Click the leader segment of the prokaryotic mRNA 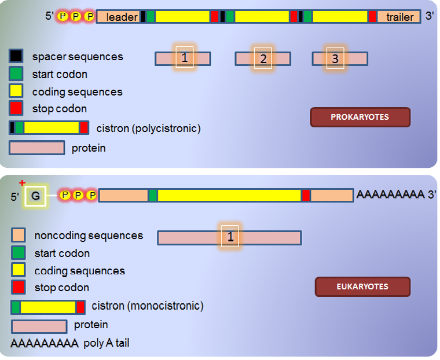pyautogui.click(x=119, y=17)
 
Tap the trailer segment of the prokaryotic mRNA pyautogui.click(x=398, y=17)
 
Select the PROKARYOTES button pyautogui.click(x=360, y=117)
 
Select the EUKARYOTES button pyautogui.click(x=362, y=286)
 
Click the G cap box pyautogui.click(x=35, y=196)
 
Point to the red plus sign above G pyautogui.click(x=22, y=183)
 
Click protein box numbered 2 pyautogui.click(x=263, y=58)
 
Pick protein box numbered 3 pyautogui.click(x=340, y=58)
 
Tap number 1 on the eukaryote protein pyautogui.click(x=230, y=237)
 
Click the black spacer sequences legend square pyautogui.click(x=16, y=56)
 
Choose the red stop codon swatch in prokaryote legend pyautogui.click(x=16, y=108)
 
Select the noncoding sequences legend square pyautogui.click(x=19, y=235)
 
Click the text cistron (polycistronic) pyautogui.click(x=148, y=128)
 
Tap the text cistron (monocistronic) pyautogui.click(x=148, y=306)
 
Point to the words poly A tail pyautogui.click(x=107, y=343)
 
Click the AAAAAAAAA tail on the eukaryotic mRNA pyautogui.click(x=390, y=194)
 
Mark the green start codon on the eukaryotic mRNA pyautogui.click(x=153, y=195)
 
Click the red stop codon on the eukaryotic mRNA pyautogui.click(x=306, y=195)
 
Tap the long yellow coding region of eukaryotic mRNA pyautogui.click(x=229, y=195)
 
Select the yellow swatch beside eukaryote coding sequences pyautogui.click(x=19, y=269)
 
